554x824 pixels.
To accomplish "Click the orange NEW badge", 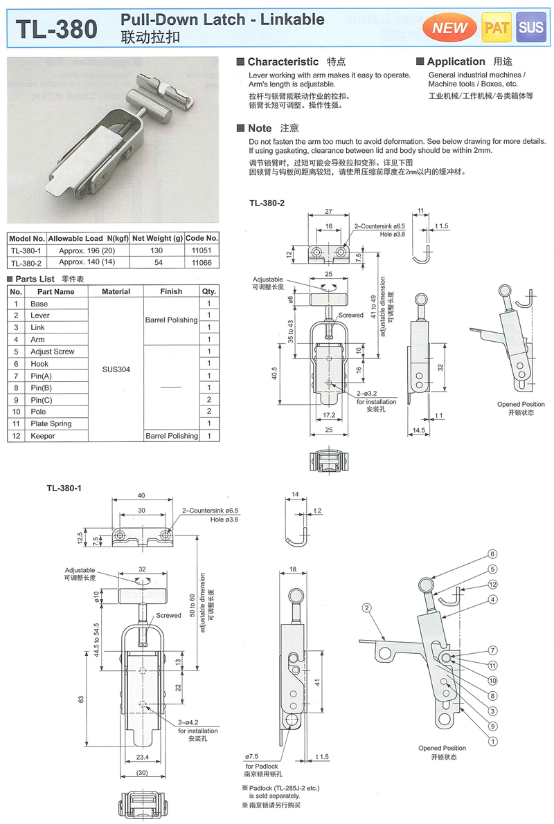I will tap(450, 28).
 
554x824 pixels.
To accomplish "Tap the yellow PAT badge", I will tap(497, 28).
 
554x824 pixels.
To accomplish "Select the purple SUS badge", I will tap(531, 28).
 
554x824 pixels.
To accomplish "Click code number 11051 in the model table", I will tap(202, 250).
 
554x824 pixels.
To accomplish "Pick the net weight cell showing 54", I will tap(157, 263).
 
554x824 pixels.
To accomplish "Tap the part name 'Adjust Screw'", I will tap(52, 351).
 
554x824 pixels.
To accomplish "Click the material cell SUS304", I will tap(116, 369).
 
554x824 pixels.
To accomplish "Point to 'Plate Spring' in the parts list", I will tap(51, 423).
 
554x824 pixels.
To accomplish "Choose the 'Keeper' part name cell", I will tap(42, 436).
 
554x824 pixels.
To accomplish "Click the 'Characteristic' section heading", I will tap(283, 62).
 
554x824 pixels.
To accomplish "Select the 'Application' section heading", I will tap(456, 62).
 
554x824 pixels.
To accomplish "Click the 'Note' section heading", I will tap(260, 128).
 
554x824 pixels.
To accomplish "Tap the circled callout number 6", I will tap(492, 554).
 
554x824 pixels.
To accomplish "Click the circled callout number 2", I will tap(364, 608).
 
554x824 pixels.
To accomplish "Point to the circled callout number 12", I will tap(492, 585).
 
